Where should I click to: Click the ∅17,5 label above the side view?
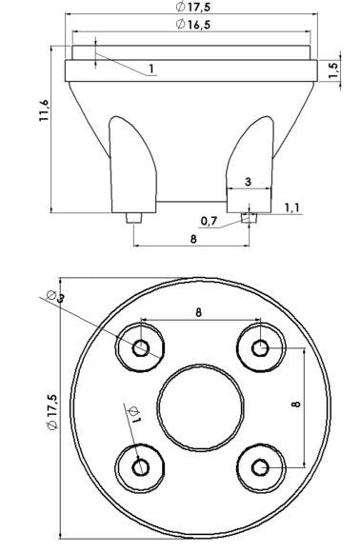click(x=193, y=8)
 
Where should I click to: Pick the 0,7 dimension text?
click(x=210, y=222)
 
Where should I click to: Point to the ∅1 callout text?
click(x=132, y=414)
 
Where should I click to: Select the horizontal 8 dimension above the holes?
click(x=199, y=311)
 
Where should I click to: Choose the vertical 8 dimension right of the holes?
click(x=298, y=404)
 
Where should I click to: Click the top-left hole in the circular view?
click(x=141, y=348)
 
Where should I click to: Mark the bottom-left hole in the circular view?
click(x=141, y=466)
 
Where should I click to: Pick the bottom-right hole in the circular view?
click(x=259, y=466)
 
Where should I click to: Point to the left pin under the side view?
click(x=134, y=219)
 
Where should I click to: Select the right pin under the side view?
click(x=250, y=219)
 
